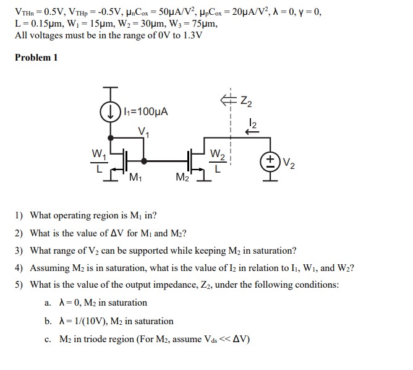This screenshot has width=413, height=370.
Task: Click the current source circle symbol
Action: click(x=111, y=113)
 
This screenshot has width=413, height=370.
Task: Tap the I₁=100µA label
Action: click(x=145, y=112)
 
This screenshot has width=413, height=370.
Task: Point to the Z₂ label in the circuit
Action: click(x=245, y=100)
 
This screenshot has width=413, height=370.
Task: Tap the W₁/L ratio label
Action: click(x=97, y=160)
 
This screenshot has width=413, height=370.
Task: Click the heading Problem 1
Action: click(x=36, y=58)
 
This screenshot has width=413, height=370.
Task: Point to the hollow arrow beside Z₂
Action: click(x=226, y=98)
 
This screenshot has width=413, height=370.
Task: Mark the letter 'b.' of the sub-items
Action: click(x=49, y=321)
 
